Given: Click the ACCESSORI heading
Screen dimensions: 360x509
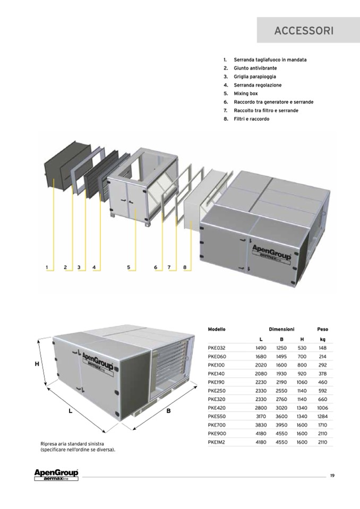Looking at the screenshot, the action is pyautogui.click(x=304, y=30).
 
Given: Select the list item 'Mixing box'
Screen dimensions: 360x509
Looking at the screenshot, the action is pyautogui.click(x=246, y=93).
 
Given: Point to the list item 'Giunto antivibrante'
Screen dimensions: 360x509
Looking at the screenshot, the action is pyautogui.click(x=255, y=68).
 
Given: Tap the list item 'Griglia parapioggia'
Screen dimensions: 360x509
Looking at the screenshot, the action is pyautogui.click(x=255, y=76).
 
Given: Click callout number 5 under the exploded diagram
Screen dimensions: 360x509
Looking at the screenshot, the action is pyautogui.click(x=128, y=268).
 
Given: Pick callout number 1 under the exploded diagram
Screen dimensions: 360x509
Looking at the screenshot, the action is pyautogui.click(x=47, y=268).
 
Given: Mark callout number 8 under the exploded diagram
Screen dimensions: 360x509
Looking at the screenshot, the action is pyautogui.click(x=185, y=268).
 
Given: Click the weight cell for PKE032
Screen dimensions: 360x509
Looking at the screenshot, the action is pyautogui.click(x=322, y=348).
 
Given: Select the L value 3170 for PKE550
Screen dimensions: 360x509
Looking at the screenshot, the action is pyautogui.click(x=261, y=416).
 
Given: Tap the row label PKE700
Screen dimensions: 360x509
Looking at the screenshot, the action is pyautogui.click(x=217, y=425).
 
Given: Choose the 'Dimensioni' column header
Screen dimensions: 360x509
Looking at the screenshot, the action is pyautogui.click(x=281, y=329).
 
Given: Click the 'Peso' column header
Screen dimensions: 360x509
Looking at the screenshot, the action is pyautogui.click(x=322, y=329).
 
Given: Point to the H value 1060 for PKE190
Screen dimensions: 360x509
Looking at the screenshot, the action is pyautogui.click(x=302, y=382).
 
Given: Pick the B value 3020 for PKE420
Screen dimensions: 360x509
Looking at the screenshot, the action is pyautogui.click(x=281, y=408).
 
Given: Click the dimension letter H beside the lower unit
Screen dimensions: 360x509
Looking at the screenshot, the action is pyautogui.click(x=37, y=364).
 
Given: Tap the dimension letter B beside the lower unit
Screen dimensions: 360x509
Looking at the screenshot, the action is pyautogui.click(x=168, y=411).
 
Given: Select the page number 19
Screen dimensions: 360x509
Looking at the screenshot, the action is pyautogui.click(x=332, y=476).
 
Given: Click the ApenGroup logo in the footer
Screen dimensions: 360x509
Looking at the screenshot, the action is pyautogui.click(x=56, y=475).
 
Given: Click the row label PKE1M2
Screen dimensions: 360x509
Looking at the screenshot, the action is pyautogui.click(x=217, y=442).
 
